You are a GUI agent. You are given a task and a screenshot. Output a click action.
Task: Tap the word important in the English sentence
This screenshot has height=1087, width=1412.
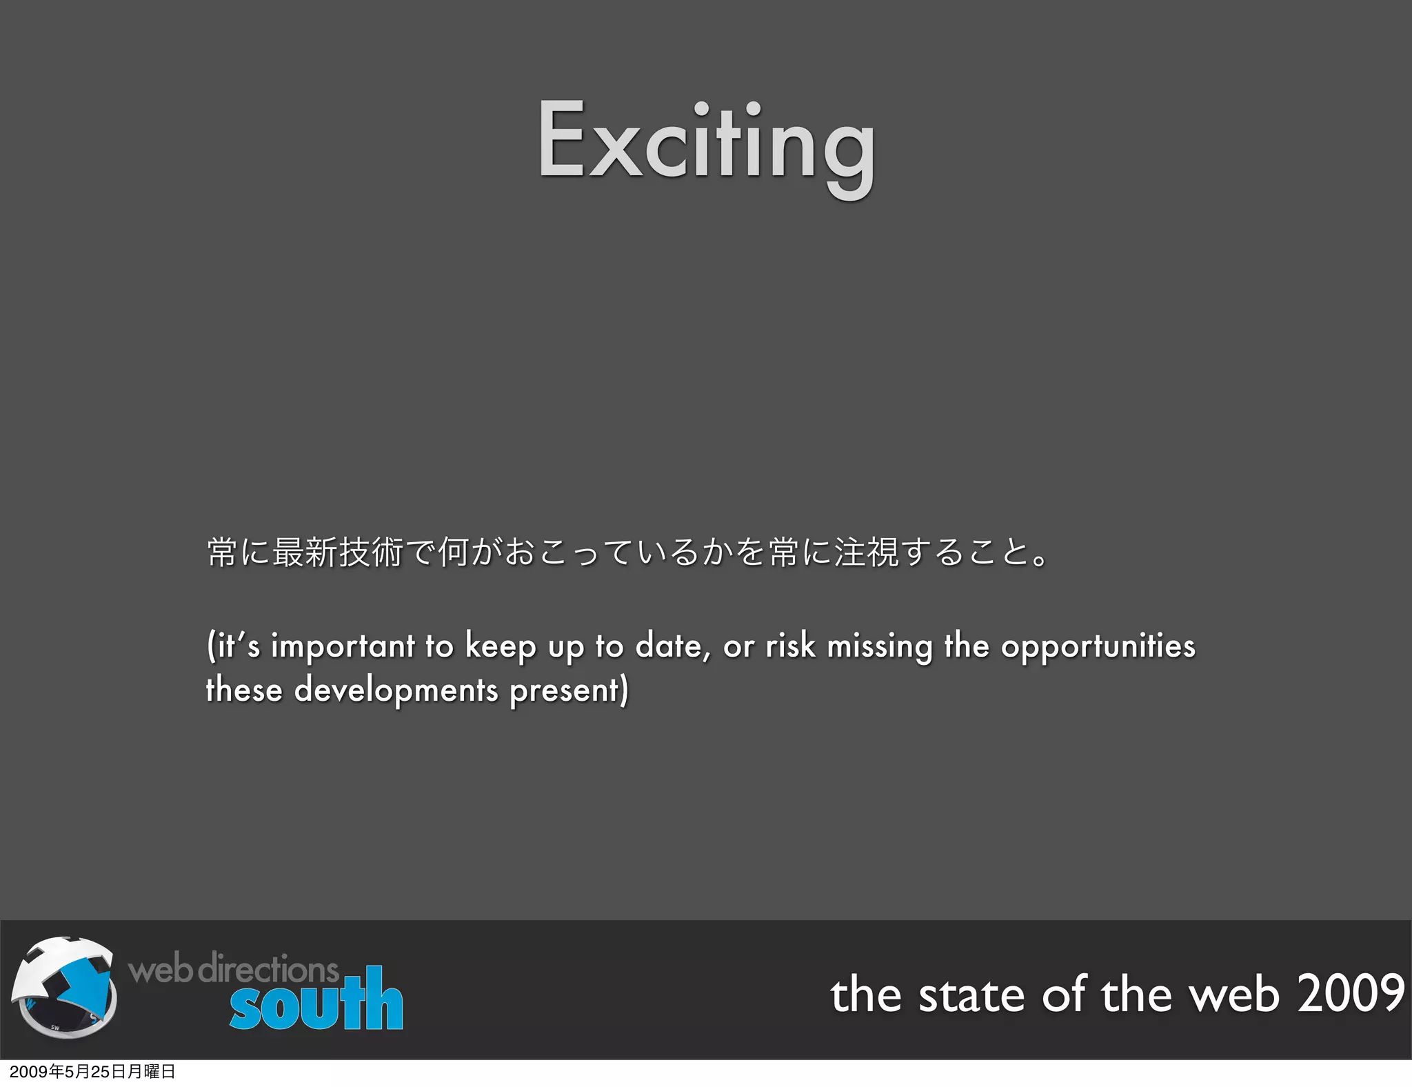pos(343,647)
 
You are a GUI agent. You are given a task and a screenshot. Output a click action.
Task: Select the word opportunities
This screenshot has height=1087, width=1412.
pos(1098,647)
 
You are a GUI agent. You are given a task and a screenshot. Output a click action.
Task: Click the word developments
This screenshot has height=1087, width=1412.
pos(396,690)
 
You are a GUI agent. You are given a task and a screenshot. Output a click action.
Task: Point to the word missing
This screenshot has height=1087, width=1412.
pos(880,647)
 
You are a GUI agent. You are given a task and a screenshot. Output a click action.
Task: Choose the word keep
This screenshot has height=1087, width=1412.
pos(501,647)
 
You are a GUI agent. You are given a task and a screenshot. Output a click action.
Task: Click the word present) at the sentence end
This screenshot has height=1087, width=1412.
pos(569,690)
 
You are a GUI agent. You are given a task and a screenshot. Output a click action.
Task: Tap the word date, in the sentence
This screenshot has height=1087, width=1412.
pos(672,646)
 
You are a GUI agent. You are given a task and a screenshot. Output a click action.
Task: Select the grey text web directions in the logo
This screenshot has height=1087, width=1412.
pos(233,968)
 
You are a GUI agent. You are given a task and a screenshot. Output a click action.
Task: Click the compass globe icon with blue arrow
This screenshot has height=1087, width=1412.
pos(64,987)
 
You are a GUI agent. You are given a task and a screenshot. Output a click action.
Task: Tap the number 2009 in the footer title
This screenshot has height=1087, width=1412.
pos(1351,994)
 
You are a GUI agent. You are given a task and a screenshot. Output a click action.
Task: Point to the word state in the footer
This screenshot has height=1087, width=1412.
pos(971,995)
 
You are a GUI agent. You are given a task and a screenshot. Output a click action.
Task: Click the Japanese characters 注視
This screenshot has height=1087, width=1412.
pos(866,552)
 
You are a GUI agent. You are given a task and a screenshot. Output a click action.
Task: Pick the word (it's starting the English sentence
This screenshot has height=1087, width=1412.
pos(233,647)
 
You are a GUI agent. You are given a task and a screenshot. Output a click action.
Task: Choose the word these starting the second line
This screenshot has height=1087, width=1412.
pos(244,690)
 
